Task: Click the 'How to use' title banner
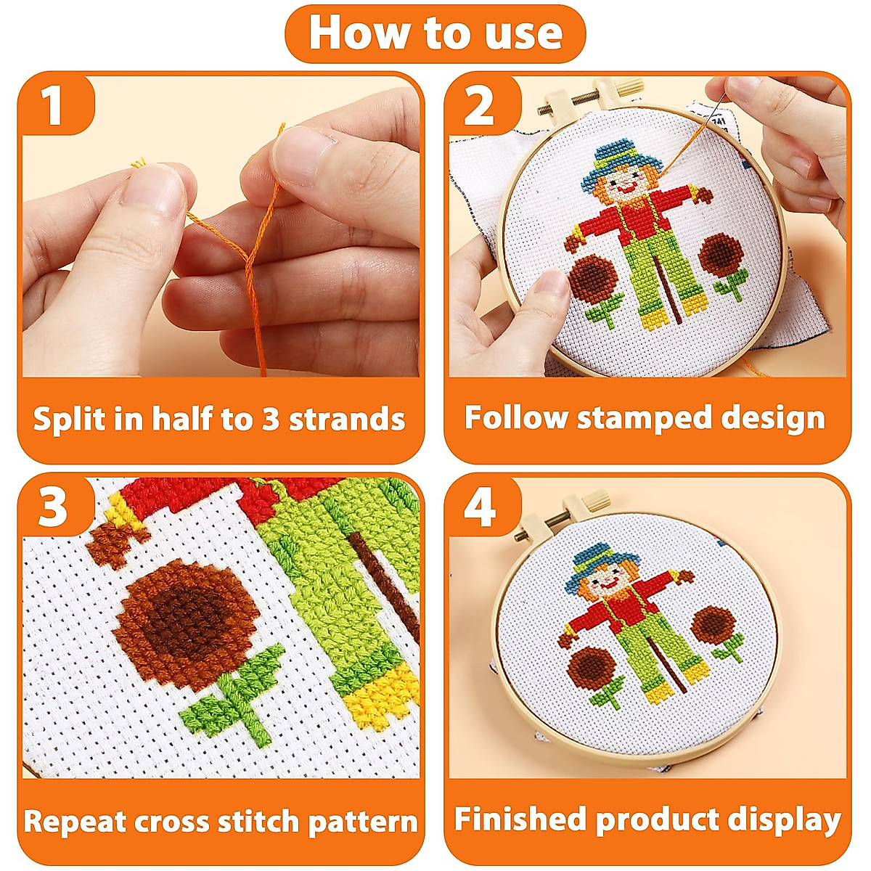pyautogui.click(x=435, y=33)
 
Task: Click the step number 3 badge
pyautogui.click(x=52, y=507)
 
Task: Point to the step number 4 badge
pyautogui.click(x=480, y=507)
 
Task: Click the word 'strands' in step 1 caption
pyautogui.click(x=347, y=419)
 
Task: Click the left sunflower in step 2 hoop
pyautogui.click(x=592, y=279)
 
